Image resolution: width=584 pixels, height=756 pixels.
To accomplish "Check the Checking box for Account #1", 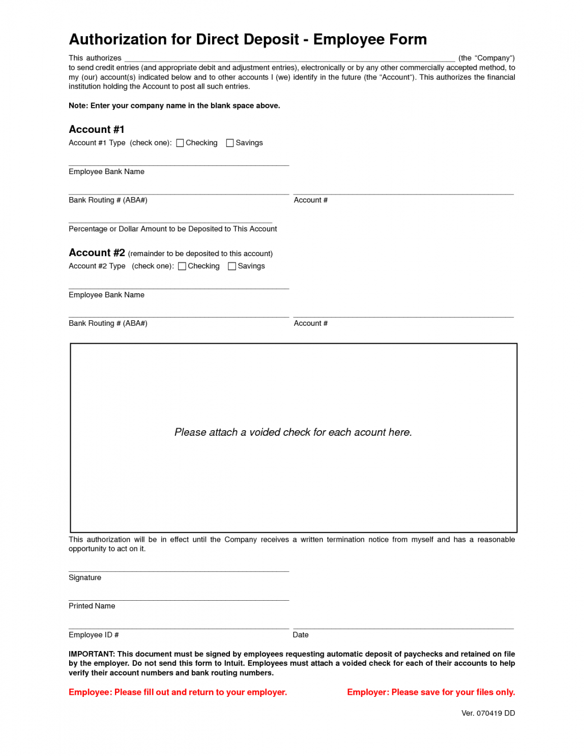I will click(180, 143).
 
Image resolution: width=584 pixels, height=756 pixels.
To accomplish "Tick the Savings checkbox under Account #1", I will click(230, 143).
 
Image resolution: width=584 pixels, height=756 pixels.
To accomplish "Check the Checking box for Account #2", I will click(182, 266).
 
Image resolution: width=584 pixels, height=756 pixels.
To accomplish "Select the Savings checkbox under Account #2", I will click(232, 266).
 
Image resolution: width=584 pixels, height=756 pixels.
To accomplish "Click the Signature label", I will click(85, 578).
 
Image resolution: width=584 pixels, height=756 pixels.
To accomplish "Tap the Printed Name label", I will click(92, 606).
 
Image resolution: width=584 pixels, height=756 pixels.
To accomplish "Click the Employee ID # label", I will click(94, 635).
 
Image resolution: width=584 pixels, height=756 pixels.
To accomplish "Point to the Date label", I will click(301, 635).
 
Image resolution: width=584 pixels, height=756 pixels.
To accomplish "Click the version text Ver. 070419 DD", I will click(488, 713).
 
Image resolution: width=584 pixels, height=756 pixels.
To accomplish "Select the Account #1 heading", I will click(97, 129).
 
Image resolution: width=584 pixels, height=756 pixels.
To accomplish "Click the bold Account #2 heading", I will click(97, 253).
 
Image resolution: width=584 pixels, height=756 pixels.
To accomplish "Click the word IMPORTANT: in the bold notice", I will click(92, 654).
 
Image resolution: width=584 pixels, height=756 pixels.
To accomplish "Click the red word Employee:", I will click(90, 692).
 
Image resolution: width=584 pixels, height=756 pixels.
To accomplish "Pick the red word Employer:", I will click(368, 692).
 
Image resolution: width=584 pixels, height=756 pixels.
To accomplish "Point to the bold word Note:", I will click(78, 106).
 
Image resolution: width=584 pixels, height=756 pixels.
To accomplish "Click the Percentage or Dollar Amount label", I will click(173, 229).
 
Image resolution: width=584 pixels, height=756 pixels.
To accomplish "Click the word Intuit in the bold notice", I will click(233, 663).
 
